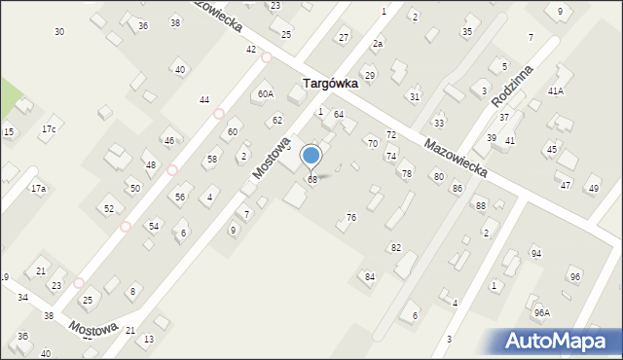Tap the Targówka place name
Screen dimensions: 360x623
(x=330, y=84)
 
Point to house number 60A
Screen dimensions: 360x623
(x=265, y=94)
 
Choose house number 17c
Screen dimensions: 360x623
(x=48, y=129)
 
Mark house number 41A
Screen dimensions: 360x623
(x=556, y=90)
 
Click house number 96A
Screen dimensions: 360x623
(x=541, y=313)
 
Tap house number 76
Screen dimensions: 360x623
(x=350, y=217)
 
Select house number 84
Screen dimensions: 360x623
(x=370, y=277)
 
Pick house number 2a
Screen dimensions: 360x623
(x=377, y=44)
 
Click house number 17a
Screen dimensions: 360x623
(x=38, y=188)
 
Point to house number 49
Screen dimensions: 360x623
(x=593, y=188)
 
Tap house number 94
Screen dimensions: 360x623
(x=535, y=253)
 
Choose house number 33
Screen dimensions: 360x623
(x=439, y=124)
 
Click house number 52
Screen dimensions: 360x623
(x=109, y=209)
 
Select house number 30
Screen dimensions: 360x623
(x=59, y=32)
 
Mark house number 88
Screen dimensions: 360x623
(x=480, y=205)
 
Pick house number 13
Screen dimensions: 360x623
(x=148, y=340)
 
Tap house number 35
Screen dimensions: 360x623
(x=467, y=32)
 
